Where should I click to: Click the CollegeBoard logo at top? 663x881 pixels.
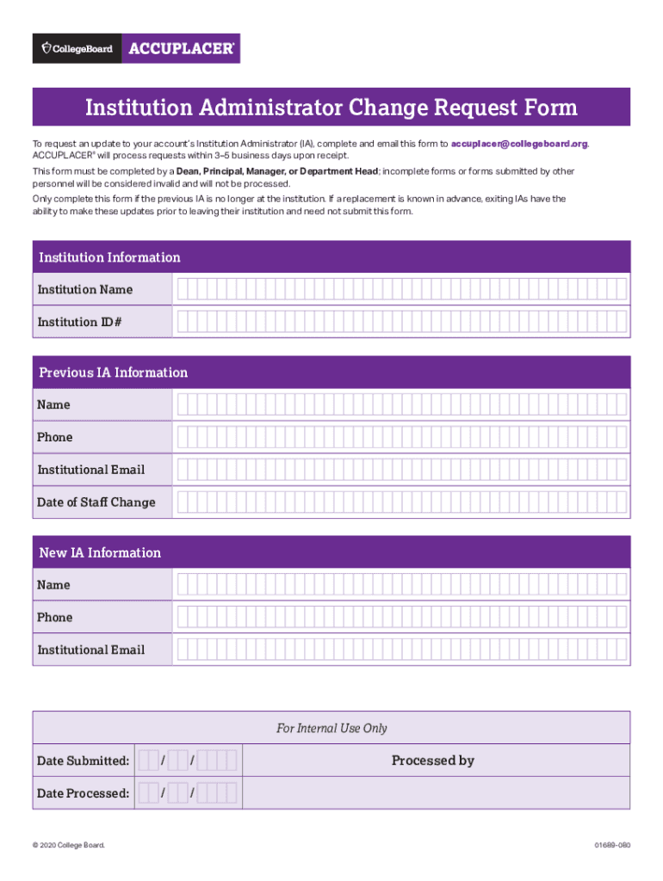[77, 49]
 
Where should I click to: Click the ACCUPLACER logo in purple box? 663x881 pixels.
[181, 49]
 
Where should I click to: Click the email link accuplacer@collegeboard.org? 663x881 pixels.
[519, 144]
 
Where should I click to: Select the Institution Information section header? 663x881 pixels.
[109, 257]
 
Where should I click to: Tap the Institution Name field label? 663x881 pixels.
[84, 290]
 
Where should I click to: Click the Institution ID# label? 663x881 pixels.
[79, 322]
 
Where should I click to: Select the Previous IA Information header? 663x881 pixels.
[113, 373]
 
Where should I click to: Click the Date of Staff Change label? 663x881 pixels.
[96, 502]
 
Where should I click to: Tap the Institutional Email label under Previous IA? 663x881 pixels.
[90, 470]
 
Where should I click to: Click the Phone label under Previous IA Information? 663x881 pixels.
[54, 437]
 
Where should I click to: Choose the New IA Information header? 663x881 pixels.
[100, 552]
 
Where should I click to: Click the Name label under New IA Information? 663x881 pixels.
[53, 585]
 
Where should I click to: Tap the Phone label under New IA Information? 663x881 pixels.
[54, 618]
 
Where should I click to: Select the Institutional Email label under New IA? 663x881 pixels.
[90, 650]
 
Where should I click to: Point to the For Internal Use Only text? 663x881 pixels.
[331, 729]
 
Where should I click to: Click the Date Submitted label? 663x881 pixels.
[83, 761]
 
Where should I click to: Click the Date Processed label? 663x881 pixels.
[83, 793]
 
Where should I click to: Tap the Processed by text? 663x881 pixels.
[432, 761]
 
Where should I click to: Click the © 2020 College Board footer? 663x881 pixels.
[68, 846]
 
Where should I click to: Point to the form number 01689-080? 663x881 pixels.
[611, 846]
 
